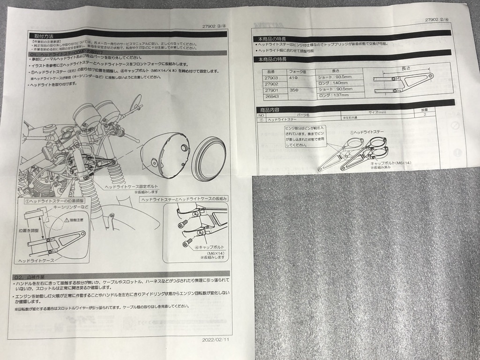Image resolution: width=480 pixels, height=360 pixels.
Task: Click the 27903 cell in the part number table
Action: pyautogui.click(x=271, y=77)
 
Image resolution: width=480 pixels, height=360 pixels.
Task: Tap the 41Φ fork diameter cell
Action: pyautogui.click(x=293, y=77)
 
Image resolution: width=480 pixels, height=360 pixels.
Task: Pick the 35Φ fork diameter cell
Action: pyautogui.click(x=294, y=90)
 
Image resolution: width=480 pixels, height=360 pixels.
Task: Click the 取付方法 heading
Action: pyautogui.click(x=37, y=36)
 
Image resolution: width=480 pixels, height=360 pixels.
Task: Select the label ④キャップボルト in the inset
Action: pyautogui.click(x=208, y=247)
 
